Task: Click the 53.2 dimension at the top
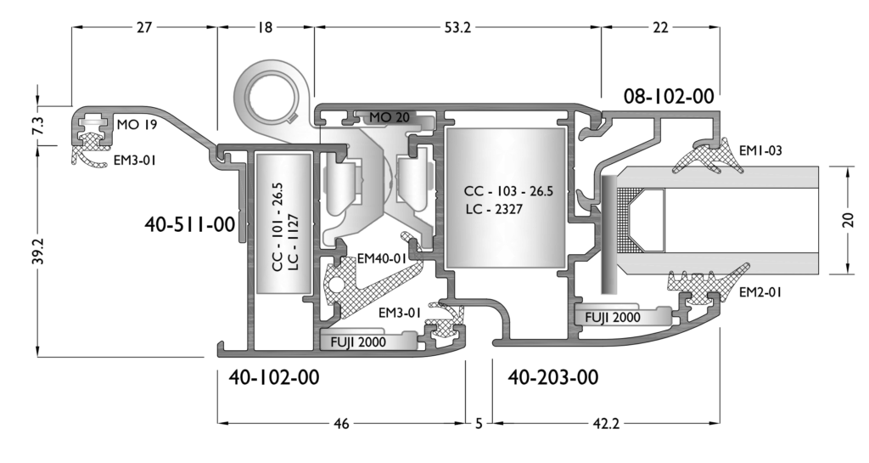(457, 27)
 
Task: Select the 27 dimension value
(144, 27)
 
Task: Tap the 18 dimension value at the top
(266, 27)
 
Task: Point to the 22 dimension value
(660, 27)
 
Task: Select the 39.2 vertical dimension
(37, 251)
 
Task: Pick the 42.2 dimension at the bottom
(606, 424)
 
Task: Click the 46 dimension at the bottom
(342, 424)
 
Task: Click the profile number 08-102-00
(669, 97)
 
